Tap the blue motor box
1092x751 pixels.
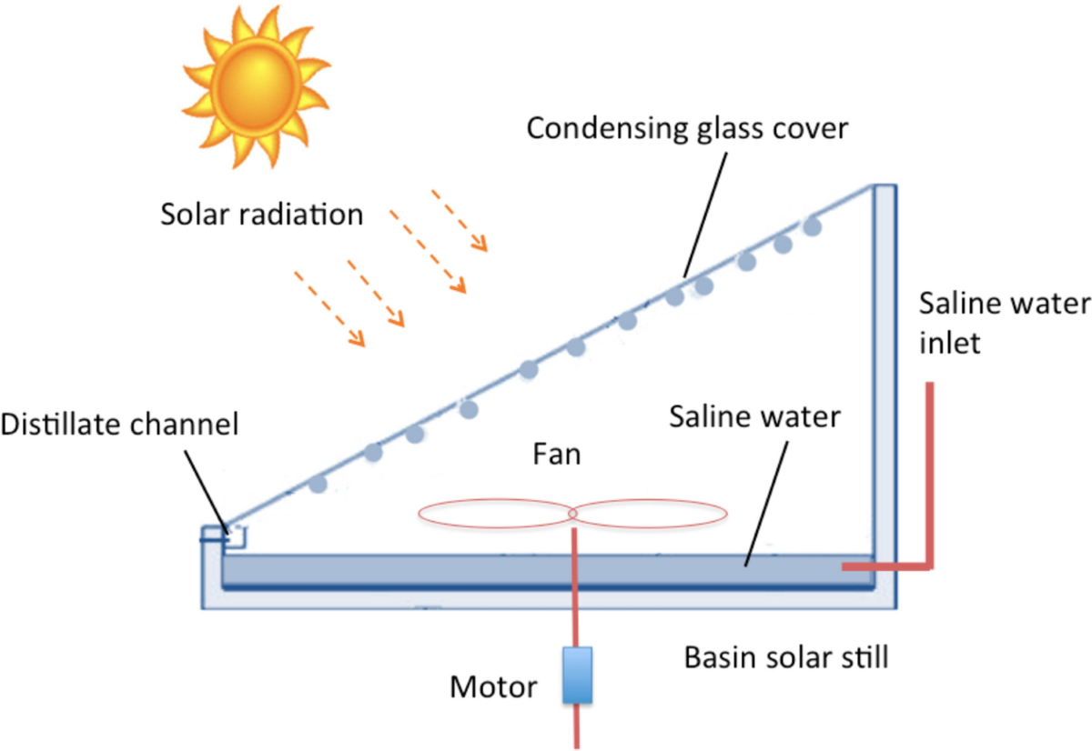[577, 675]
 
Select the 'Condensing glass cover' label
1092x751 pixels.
[687, 128]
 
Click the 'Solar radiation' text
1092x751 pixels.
[262, 215]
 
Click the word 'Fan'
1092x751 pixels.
[556, 454]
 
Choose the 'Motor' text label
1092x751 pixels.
[493, 687]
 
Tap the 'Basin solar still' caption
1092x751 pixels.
[785, 656]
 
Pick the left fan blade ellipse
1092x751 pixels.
[495, 514]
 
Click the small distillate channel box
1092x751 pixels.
[234, 536]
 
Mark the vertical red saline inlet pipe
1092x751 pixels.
[930, 473]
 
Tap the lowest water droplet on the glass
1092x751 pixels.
[318, 484]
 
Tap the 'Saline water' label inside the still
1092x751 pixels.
[754, 419]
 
